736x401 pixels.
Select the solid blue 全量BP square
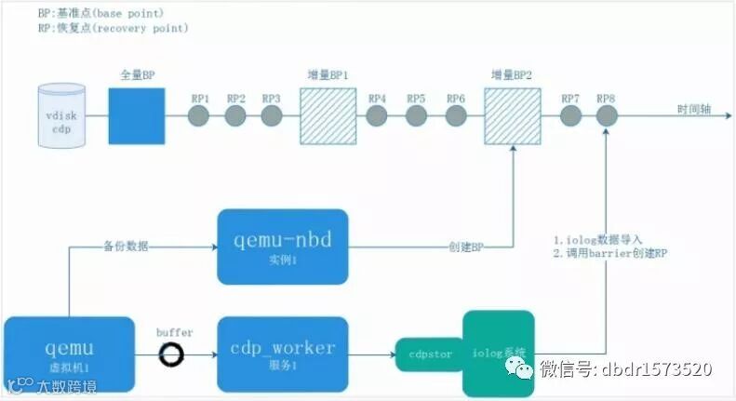coord(136,115)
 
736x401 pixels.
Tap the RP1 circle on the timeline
coord(199,115)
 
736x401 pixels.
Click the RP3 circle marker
coord(271,115)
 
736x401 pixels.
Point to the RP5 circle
coord(416,115)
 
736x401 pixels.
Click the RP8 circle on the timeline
coord(607,115)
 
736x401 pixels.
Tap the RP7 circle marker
coord(570,115)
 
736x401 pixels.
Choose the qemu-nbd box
coord(283,247)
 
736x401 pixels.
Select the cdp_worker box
coord(283,354)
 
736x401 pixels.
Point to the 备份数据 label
coord(126,247)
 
